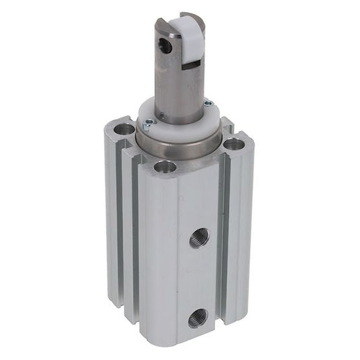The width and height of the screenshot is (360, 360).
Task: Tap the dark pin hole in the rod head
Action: [164, 45]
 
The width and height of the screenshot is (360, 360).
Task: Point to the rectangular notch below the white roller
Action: [192, 66]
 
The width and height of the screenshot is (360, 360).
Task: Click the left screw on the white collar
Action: [148, 123]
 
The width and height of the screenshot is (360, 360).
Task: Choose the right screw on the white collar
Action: [208, 103]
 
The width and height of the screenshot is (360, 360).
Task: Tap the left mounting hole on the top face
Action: [124, 128]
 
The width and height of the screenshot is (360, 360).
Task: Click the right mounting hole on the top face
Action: [234, 143]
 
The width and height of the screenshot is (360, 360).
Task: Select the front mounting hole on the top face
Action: [164, 166]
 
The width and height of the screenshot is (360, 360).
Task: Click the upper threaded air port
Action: [199, 238]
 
